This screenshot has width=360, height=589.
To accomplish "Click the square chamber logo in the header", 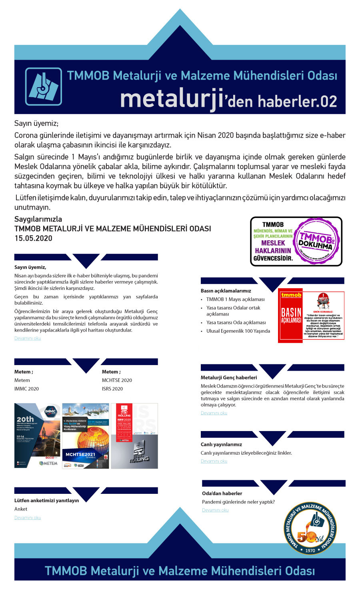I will [x=44, y=86].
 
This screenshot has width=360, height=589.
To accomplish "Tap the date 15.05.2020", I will [x=33, y=238].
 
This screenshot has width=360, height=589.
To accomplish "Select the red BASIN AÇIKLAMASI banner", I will [x=291, y=315].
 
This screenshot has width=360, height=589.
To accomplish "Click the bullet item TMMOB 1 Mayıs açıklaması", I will [x=235, y=299].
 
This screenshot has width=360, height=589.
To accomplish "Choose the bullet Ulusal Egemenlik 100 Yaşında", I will [x=238, y=331].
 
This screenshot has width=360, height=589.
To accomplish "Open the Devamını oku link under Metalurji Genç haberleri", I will [x=214, y=413].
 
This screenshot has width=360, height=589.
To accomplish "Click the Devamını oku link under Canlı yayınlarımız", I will [x=214, y=461].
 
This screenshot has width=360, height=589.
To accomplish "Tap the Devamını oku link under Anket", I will [x=28, y=518].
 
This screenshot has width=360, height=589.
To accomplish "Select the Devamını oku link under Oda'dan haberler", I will [x=215, y=510].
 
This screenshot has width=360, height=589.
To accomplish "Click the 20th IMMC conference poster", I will [x=37, y=435].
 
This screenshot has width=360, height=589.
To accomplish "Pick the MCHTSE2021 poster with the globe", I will [x=86, y=435].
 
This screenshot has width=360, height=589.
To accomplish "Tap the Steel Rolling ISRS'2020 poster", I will [x=134, y=435].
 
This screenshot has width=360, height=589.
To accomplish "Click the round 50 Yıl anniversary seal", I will [x=310, y=529].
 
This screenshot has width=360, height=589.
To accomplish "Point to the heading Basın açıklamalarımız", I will [x=226, y=291].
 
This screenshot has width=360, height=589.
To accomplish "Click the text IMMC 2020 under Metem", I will [x=27, y=389].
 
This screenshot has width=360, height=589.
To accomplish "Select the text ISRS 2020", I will [x=112, y=389].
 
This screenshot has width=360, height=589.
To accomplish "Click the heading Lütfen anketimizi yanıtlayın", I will [x=47, y=501].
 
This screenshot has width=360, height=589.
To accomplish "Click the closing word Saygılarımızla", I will [x=38, y=219].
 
